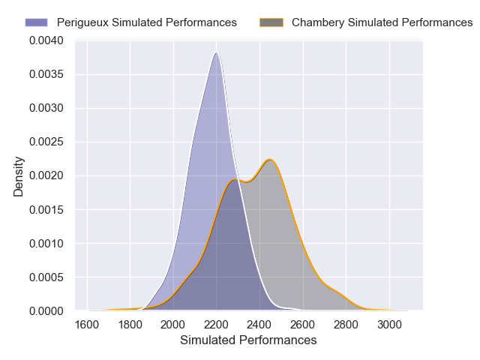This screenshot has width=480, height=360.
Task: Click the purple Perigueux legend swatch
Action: click(37, 22)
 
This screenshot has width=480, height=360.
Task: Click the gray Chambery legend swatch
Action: click(271, 22)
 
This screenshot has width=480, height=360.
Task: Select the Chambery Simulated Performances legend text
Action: click(382, 22)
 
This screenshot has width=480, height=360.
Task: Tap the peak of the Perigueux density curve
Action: click(217, 52)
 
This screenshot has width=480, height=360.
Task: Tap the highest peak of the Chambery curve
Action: click(270, 159)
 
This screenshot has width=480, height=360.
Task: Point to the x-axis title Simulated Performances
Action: click(248, 340)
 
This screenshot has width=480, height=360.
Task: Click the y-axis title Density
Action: click(19, 176)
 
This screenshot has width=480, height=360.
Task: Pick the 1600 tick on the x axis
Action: click(87, 325)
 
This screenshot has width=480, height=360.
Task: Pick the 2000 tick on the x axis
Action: click(173, 325)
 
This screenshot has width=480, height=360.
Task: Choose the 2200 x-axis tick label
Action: click(217, 325)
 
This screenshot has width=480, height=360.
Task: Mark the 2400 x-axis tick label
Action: click(259, 325)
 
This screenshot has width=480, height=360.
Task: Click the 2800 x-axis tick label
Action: click(346, 325)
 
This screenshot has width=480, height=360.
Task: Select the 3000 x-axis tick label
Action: click(389, 325)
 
